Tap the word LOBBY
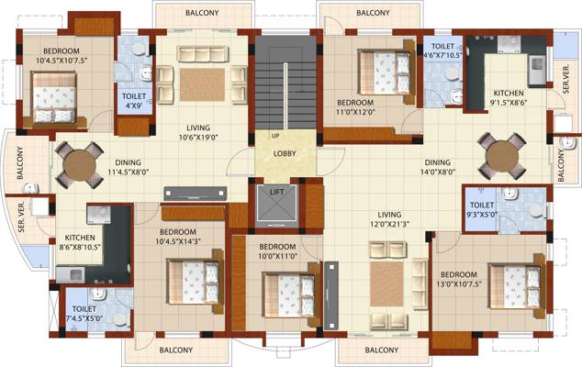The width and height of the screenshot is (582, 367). tap(285, 153)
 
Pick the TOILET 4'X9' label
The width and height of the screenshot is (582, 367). tap(133, 101)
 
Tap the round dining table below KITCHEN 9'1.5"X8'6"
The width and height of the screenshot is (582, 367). tap(502, 157)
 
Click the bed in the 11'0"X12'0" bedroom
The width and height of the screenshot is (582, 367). tap(384, 67)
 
